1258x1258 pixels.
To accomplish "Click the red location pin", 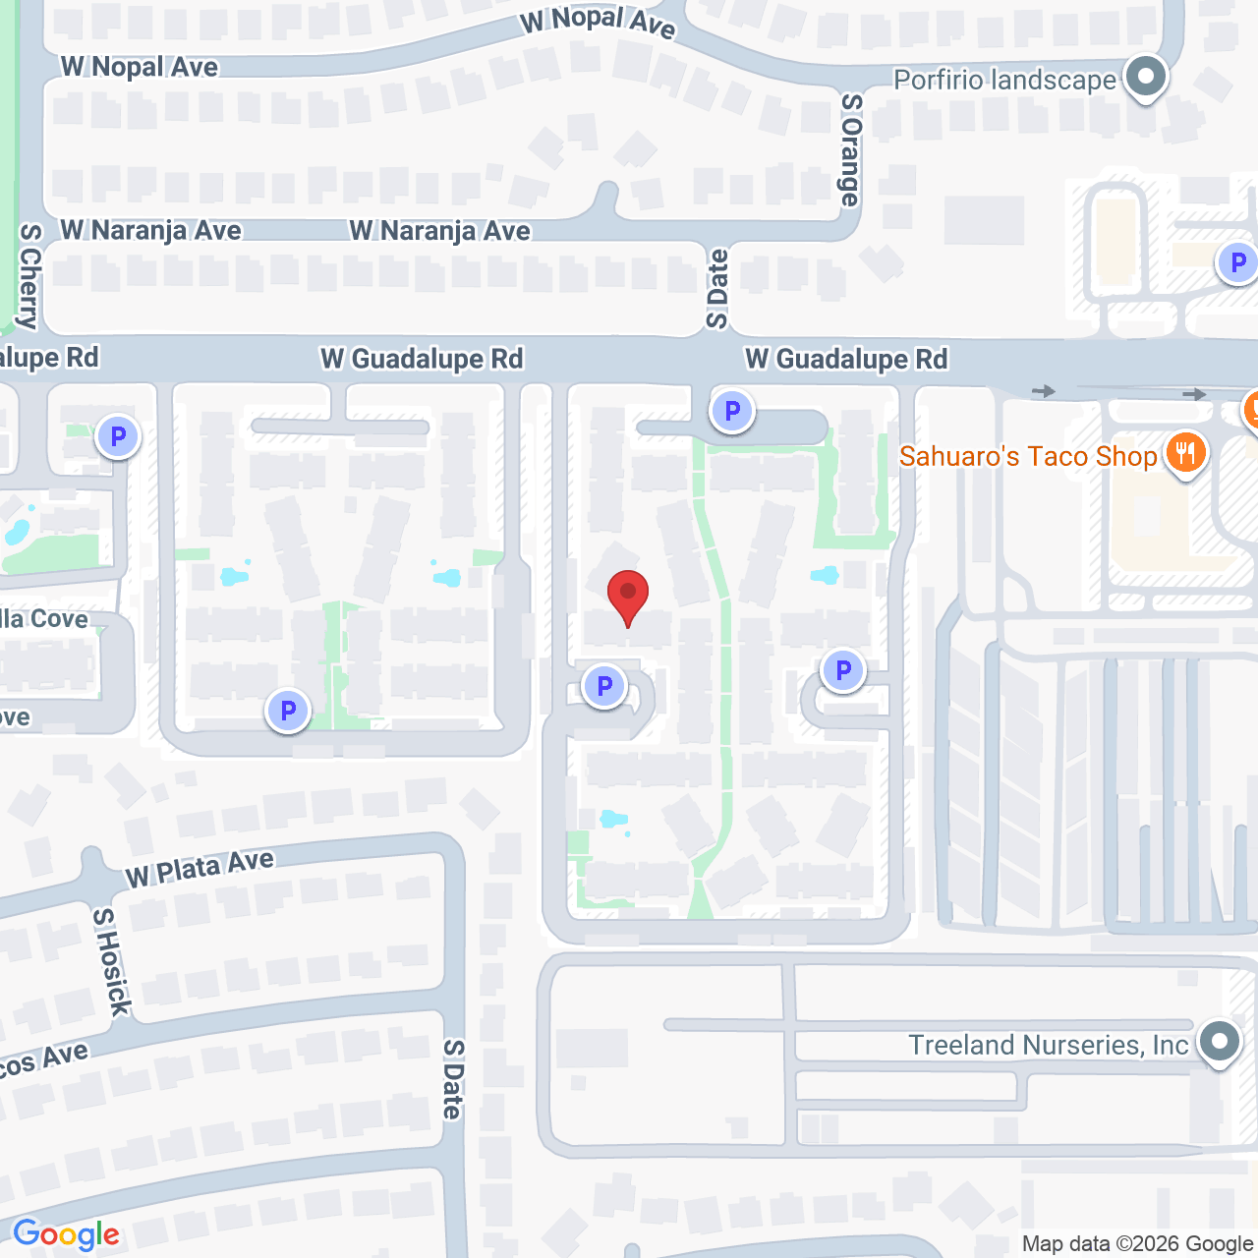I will (x=627, y=596).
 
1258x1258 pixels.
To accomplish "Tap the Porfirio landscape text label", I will (x=1004, y=80).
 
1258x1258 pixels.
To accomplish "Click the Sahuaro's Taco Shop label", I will (x=1028, y=456).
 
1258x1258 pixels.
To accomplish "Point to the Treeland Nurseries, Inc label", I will (x=1048, y=1045).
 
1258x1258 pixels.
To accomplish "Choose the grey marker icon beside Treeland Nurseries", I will (x=1220, y=1041).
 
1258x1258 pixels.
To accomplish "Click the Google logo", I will (x=66, y=1234).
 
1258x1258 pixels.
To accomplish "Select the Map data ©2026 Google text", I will (x=1137, y=1244).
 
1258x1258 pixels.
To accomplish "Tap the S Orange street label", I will (x=850, y=149).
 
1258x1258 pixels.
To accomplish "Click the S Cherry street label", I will (x=29, y=276).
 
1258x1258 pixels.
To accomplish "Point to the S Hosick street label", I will (x=110, y=962).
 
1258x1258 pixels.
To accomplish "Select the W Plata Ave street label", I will (x=200, y=868).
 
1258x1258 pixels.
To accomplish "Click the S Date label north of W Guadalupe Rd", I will (x=717, y=289).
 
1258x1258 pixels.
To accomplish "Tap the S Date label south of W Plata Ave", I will (x=452, y=1079).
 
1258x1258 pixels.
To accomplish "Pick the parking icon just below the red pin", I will (x=604, y=686).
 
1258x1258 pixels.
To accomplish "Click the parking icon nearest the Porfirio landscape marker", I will (x=1237, y=262).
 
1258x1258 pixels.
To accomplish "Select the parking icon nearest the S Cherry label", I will (x=118, y=435).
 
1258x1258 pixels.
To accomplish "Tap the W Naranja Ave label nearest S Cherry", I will (x=150, y=231).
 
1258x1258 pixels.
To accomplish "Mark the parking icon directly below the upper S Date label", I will (x=731, y=411).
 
